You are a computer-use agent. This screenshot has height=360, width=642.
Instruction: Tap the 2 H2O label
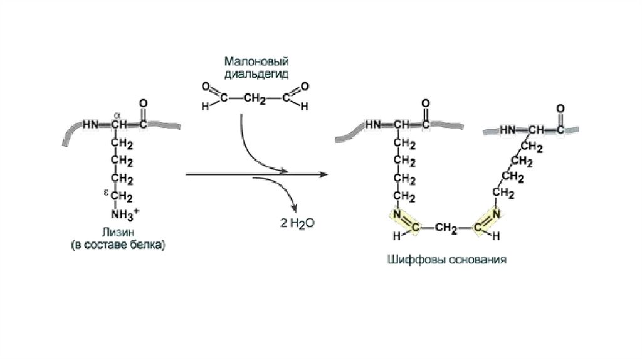tap(297, 222)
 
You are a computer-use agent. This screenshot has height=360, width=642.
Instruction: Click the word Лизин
tap(117, 230)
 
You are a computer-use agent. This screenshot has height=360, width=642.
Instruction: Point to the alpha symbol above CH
tap(118, 113)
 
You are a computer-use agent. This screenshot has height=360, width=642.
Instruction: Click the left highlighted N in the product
tap(397, 216)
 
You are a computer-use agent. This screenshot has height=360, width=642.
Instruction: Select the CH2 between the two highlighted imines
tap(445, 228)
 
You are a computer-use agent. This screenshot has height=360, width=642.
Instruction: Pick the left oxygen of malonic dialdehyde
tap(205, 87)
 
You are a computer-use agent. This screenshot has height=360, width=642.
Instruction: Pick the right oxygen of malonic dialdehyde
tap(305, 87)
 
